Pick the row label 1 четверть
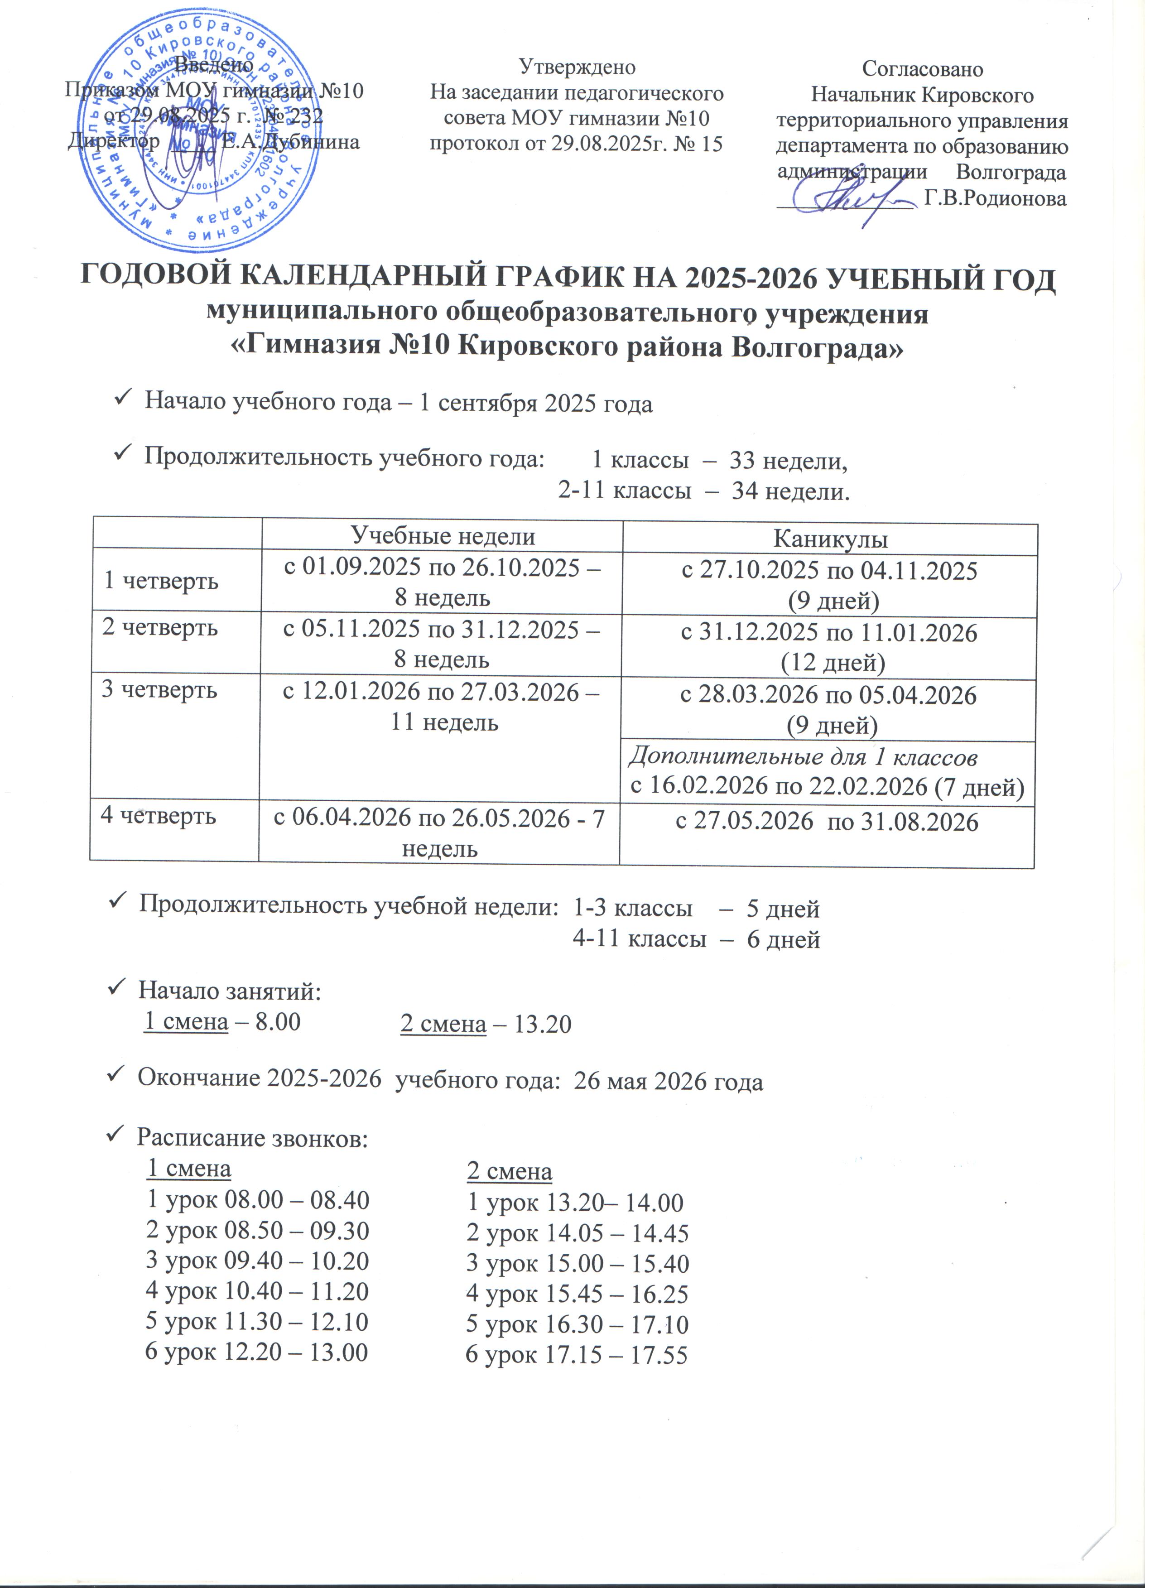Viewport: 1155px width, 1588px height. click(x=161, y=581)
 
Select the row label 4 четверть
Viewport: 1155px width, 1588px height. click(x=158, y=816)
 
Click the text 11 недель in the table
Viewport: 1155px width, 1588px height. click(x=444, y=722)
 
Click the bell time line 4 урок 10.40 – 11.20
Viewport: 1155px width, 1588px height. click(x=256, y=1290)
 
